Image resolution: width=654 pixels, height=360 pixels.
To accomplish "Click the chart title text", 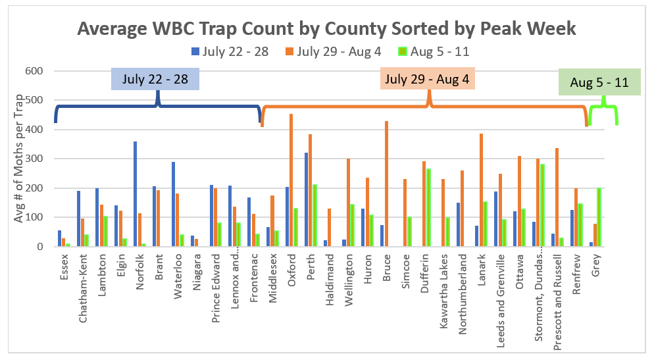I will click(x=326, y=28).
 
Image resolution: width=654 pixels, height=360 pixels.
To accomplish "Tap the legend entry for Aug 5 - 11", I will click(x=434, y=51).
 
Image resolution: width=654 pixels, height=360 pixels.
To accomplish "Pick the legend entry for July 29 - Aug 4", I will click(x=332, y=51).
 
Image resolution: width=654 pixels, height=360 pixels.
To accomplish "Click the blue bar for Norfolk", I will click(x=135, y=194).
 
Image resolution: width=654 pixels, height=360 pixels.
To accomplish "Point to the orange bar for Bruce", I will click(x=386, y=184).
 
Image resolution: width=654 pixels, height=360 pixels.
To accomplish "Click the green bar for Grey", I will click(x=599, y=217).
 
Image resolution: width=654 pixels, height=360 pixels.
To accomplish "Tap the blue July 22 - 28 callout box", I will click(x=155, y=79).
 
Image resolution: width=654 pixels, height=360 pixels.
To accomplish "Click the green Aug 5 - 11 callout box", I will click(x=599, y=83).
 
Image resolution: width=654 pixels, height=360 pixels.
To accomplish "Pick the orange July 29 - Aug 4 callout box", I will click(x=428, y=79).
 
